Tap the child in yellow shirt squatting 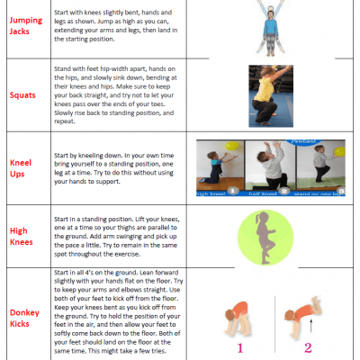[x=269, y=93]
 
